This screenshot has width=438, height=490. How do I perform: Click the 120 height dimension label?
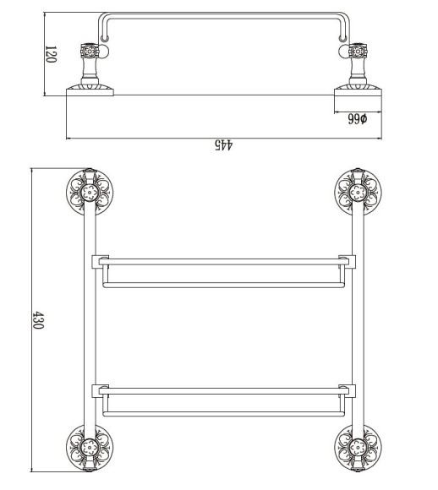pos(51,54)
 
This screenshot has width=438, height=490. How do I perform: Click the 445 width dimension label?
pos(224,145)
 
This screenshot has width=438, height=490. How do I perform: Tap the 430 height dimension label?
pos(38,319)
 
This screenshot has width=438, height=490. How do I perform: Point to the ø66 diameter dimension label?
pos(358,119)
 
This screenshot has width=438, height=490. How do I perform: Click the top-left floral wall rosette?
pos(90,193)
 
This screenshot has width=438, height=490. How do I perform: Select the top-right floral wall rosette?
pos(358,193)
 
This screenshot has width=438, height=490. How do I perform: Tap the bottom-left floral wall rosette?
pos(90,448)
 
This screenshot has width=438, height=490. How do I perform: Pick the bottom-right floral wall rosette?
pos(358,448)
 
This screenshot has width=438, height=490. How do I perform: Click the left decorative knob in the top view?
pos(90,51)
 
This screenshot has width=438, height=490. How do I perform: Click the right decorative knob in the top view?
pos(358,51)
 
